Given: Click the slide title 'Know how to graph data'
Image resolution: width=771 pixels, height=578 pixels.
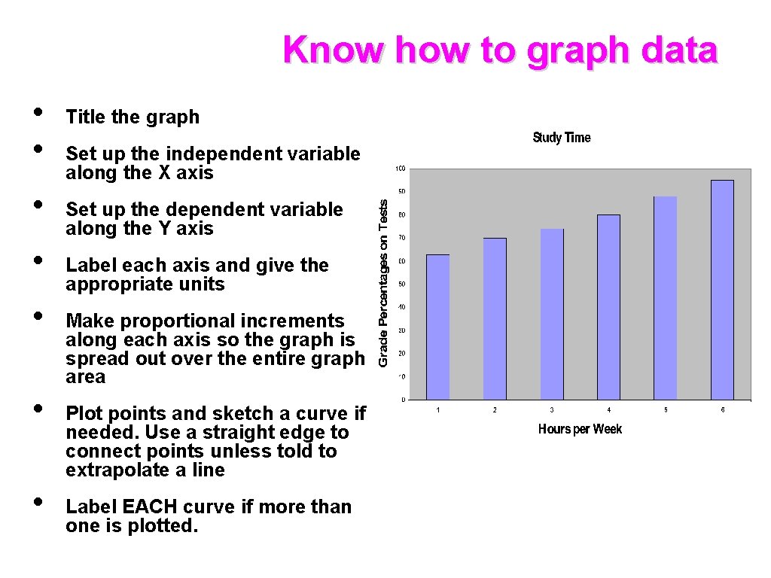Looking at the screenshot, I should (501, 50).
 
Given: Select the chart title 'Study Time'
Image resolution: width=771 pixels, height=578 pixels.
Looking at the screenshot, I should (562, 138).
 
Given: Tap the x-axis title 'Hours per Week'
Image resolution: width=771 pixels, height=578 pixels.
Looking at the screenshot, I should (580, 429).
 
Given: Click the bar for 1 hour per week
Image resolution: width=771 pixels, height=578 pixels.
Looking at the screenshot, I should (438, 327).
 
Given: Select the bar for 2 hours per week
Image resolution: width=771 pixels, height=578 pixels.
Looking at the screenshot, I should (495, 318).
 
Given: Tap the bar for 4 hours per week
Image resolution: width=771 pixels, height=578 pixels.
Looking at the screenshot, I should (608, 307).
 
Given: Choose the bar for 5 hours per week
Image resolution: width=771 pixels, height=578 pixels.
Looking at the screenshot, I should (666, 298).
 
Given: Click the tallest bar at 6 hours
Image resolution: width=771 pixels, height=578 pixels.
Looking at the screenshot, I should (722, 290).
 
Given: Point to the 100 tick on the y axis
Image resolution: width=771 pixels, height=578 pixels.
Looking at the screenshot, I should (401, 168).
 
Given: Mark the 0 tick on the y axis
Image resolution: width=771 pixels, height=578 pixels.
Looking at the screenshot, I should (403, 400).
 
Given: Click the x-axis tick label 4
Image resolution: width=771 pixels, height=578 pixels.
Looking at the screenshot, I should (608, 410).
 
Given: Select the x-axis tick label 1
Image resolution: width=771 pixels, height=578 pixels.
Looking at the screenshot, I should (438, 410).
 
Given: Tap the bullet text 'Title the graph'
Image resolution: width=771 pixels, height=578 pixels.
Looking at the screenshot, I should (133, 117).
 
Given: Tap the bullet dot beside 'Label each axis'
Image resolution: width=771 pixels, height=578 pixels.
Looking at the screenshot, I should (38, 260).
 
